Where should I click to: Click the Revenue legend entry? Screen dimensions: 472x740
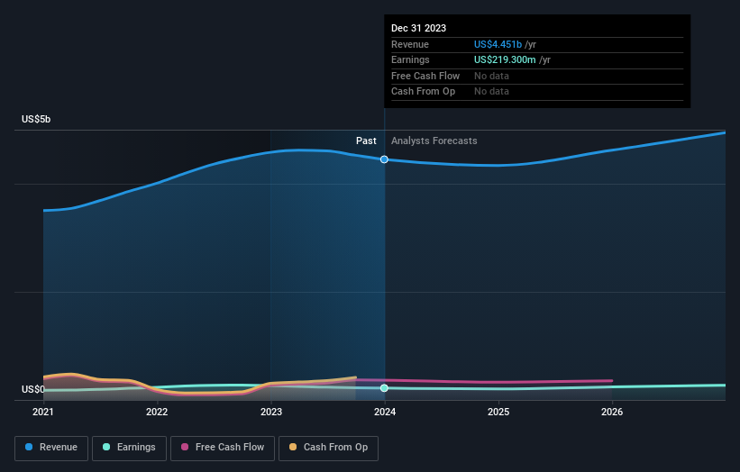click(51, 447)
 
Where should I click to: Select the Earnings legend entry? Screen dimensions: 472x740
click(129, 447)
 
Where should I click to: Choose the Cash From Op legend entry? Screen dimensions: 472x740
click(328, 447)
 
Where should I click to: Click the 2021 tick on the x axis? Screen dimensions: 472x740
click(43, 413)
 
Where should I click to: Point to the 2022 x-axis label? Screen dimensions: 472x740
click(157, 413)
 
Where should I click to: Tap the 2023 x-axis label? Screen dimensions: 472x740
click(270, 413)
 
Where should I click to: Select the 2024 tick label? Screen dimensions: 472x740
click(385, 413)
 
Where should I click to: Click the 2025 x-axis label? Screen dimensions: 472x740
click(498, 413)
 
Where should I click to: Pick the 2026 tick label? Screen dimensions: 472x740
click(612, 413)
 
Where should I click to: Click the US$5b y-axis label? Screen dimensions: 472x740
click(37, 119)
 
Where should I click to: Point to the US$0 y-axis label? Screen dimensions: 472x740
click(33, 389)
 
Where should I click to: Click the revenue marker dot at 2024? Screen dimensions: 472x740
click(385, 159)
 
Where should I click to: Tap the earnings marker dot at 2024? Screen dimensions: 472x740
click(385, 388)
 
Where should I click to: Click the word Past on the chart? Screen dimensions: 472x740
click(366, 141)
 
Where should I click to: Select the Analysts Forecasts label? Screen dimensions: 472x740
click(434, 141)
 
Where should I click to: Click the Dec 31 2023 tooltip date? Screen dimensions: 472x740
click(418, 29)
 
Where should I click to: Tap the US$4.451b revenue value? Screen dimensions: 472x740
click(505, 44)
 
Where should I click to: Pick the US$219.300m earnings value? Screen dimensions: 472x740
click(512, 60)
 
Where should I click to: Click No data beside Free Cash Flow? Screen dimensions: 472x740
click(491, 76)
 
